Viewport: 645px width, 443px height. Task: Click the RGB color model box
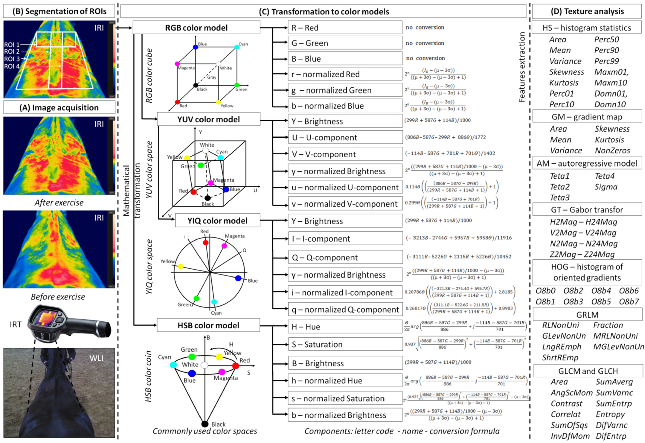(x=196, y=28)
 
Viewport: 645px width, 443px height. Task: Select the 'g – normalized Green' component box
(x=345, y=90)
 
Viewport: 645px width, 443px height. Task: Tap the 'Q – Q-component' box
(x=345, y=257)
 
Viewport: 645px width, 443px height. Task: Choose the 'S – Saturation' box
(x=345, y=344)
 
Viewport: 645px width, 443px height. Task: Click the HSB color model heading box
(x=208, y=325)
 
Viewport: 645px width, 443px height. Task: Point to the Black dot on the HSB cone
(x=205, y=424)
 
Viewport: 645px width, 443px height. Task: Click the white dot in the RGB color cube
(x=219, y=64)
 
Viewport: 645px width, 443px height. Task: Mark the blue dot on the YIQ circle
(x=238, y=278)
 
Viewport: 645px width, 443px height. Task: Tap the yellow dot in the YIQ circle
(x=181, y=266)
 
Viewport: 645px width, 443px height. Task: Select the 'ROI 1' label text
(x=12, y=44)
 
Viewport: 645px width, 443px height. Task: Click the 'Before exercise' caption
(x=58, y=297)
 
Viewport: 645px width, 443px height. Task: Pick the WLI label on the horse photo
(x=96, y=358)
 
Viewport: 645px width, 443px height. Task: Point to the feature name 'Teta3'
(x=559, y=198)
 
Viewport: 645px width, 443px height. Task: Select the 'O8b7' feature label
(x=629, y=302)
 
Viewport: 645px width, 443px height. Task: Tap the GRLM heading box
(x=587, y=315)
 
